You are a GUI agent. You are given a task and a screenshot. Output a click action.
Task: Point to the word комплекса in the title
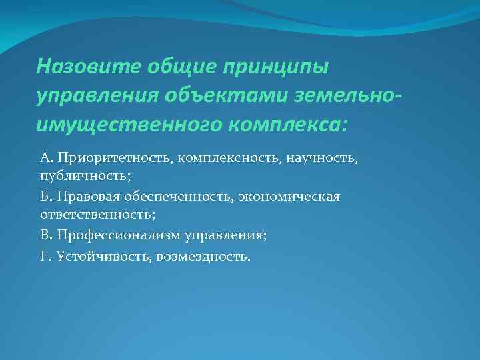click(300, 124)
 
